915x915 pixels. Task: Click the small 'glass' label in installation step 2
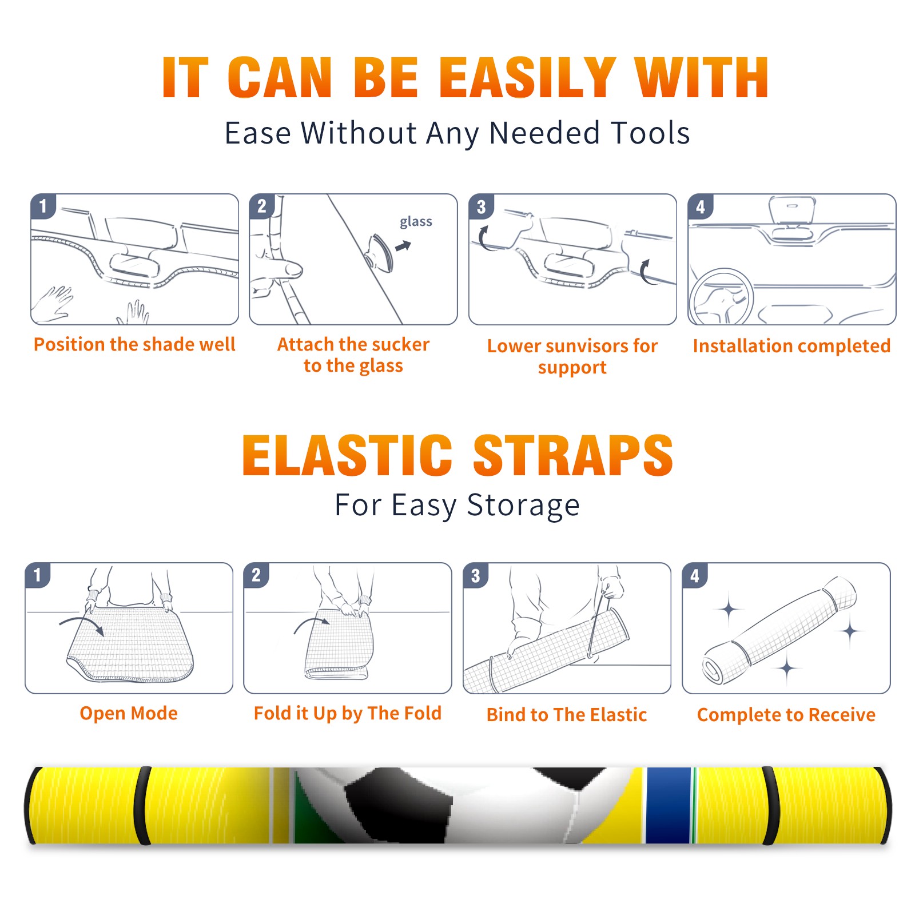point(416,222)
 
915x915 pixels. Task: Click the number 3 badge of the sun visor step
point(480,206)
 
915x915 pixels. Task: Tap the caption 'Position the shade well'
point(134,344)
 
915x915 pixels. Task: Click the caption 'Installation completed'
point(791,345)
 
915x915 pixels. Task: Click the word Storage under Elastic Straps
point(523,506)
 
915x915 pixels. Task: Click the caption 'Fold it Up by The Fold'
point(348,713)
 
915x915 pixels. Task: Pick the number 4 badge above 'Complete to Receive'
point(694,575)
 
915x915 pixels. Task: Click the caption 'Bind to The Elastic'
point(566,715)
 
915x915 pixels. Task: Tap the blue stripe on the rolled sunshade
point(668,805)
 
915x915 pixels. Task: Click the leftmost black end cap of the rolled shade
point(30,805)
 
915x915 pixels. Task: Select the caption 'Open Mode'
point(129,713)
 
